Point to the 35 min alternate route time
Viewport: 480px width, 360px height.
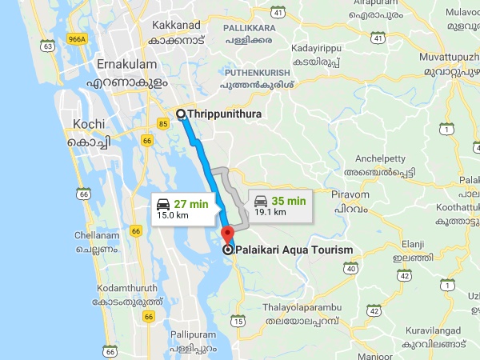(x=289, y=201)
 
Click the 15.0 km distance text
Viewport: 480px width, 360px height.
(x=173, y=215)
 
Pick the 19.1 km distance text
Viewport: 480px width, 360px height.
(x=270, y=213)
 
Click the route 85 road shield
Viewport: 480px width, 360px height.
(x=163, y=123)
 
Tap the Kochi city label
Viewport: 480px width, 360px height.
(x=90, y=124)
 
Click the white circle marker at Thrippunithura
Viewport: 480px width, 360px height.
(x=181, y=114)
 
